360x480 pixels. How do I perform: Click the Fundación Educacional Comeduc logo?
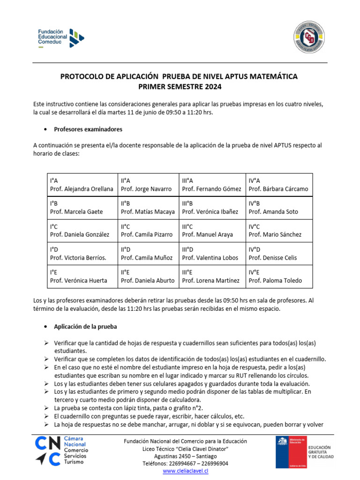coord(61,38)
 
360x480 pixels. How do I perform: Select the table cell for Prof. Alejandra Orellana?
coord(82,185)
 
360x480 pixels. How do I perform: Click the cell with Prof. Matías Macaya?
coord(148,207)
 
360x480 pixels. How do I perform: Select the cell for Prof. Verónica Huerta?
coord(82,276)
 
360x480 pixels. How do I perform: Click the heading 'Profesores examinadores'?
coord(88,129)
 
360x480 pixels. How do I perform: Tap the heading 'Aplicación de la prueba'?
coord(85,326)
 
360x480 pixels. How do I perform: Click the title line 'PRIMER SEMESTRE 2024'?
coord(179,87)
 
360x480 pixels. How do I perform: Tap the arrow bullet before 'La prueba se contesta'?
coord(47,408)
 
